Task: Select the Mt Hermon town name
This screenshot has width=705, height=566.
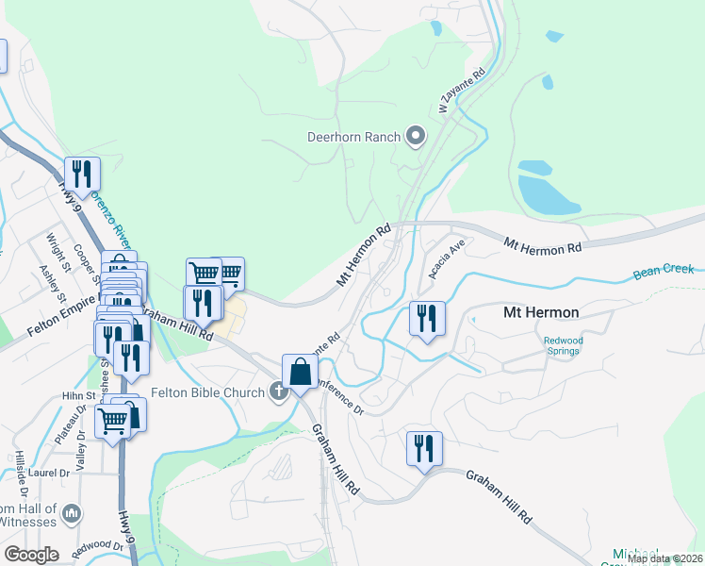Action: click(x=541, y=312)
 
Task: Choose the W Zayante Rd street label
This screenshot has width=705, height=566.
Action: click(x=461, y=91)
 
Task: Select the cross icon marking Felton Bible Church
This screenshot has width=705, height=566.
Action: click(x=279, y=391)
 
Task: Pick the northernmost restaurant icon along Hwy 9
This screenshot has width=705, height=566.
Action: click(x=82, y=174)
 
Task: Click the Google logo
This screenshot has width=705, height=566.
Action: click(x=31, y=555)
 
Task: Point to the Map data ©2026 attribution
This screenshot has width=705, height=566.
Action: click(x=664, y=558)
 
